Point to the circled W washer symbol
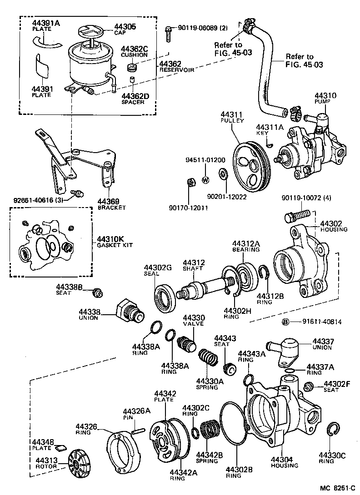point(205,179)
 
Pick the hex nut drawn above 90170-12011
point(191,183)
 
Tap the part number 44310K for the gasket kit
point(110,239)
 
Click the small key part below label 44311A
point(269,145)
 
